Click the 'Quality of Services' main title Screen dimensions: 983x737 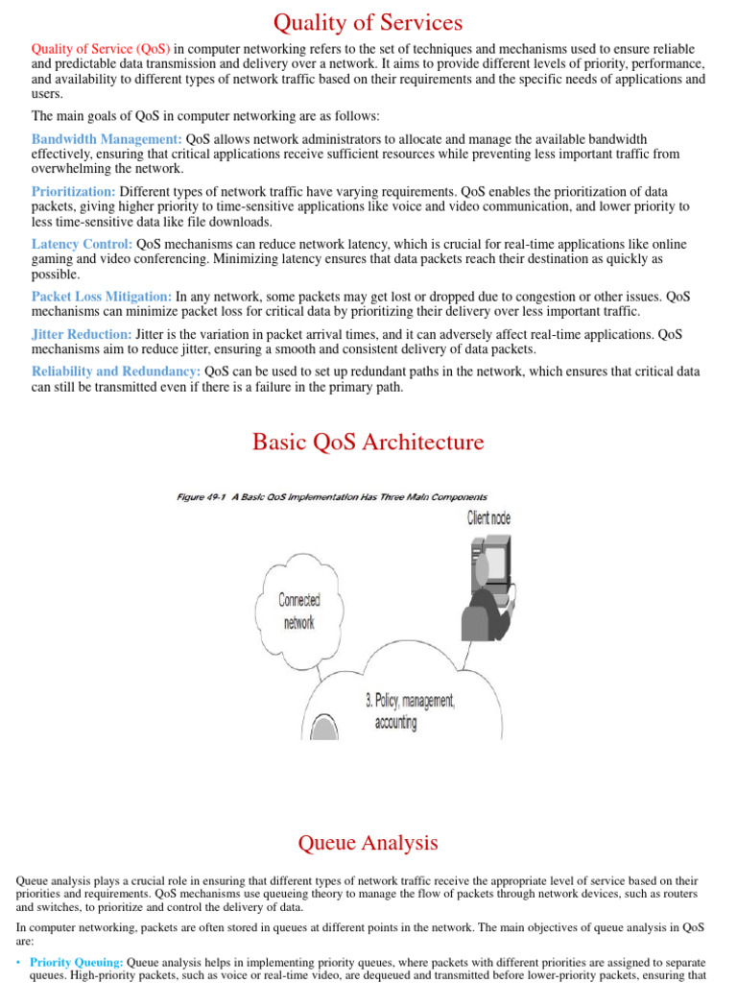coord(368,22)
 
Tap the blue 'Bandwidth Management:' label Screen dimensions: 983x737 coord(107,139)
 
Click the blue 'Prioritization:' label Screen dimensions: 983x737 coord(74,192)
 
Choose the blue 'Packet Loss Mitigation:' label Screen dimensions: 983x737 coord(102,298)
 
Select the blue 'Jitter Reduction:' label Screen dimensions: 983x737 coord(82,334)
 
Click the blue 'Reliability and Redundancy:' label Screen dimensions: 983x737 coord(116,372)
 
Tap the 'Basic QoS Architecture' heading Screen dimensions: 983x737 coord(368,443)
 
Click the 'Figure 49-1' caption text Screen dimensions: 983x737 coord(332,497)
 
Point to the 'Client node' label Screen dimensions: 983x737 coord(488,518)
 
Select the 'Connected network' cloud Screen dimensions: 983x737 coord(299,611)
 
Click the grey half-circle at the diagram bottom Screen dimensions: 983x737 coord(324,728)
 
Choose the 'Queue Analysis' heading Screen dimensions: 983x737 coord(368,843)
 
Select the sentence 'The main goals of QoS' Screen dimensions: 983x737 coord(205,116)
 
